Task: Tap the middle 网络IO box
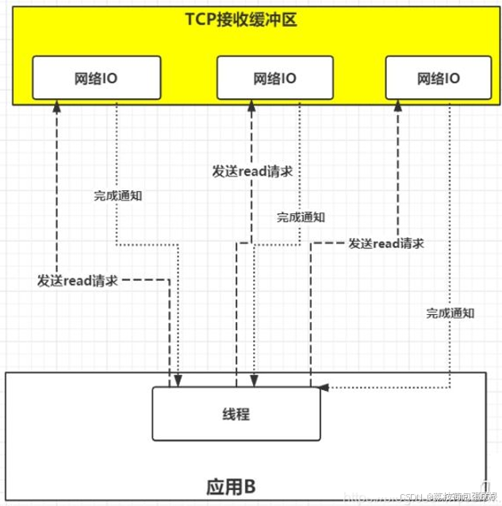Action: (x=274, y=79)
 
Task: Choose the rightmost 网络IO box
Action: (x=438, y=79)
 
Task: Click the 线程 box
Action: (x=237, y=414)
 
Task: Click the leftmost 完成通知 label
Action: (x=117, y=195)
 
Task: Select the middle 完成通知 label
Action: (x=300, y=217)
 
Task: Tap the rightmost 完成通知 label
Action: (x=450, y=313)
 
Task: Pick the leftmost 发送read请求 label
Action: (x=78, y=281)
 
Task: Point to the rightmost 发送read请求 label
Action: (x=385, y=243)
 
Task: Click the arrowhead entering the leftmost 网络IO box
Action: (x=57, y=107)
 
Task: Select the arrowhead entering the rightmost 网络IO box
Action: (x=397, y=107)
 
